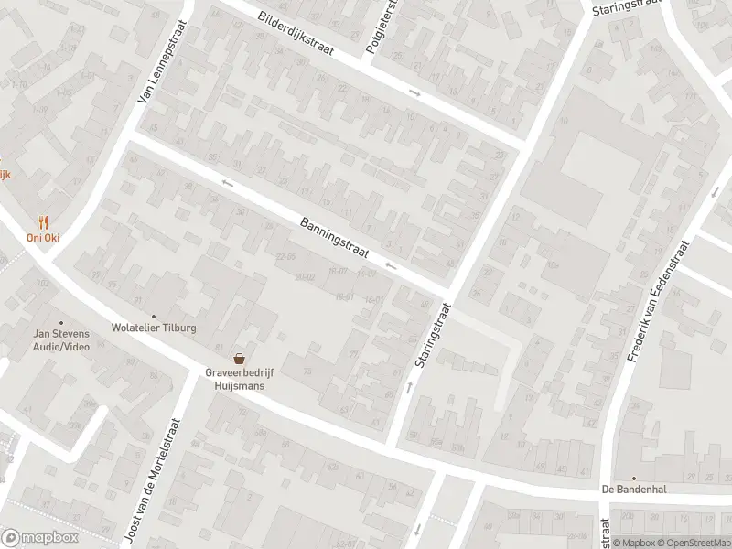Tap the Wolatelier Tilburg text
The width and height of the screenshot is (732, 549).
pyautogui.click(x=154, y=328)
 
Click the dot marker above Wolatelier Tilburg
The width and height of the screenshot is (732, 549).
pyautogui.click(x=154, y=316)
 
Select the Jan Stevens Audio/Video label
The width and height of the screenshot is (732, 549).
pyautogui.click(x=61, y=341)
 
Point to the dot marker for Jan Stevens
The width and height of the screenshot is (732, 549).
pyautogui.click(x=61, y=323)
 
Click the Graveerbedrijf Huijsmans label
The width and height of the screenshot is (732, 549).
pyautogui.click(x=240, y=379)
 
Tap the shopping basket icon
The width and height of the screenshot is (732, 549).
pyautogui.click(x=240, y=359)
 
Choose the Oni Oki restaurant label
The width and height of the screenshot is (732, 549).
pyautogui.click(x=42, y=238)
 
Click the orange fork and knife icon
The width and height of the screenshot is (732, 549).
pyautogui.click(x=42, y=221)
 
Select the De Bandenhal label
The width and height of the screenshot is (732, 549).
pyautogui.click(x=633, y=490)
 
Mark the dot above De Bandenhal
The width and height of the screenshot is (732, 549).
pyautogui.click(x=633, y=478)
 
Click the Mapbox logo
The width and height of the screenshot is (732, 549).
pyautogui.click(x=39, y=538)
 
